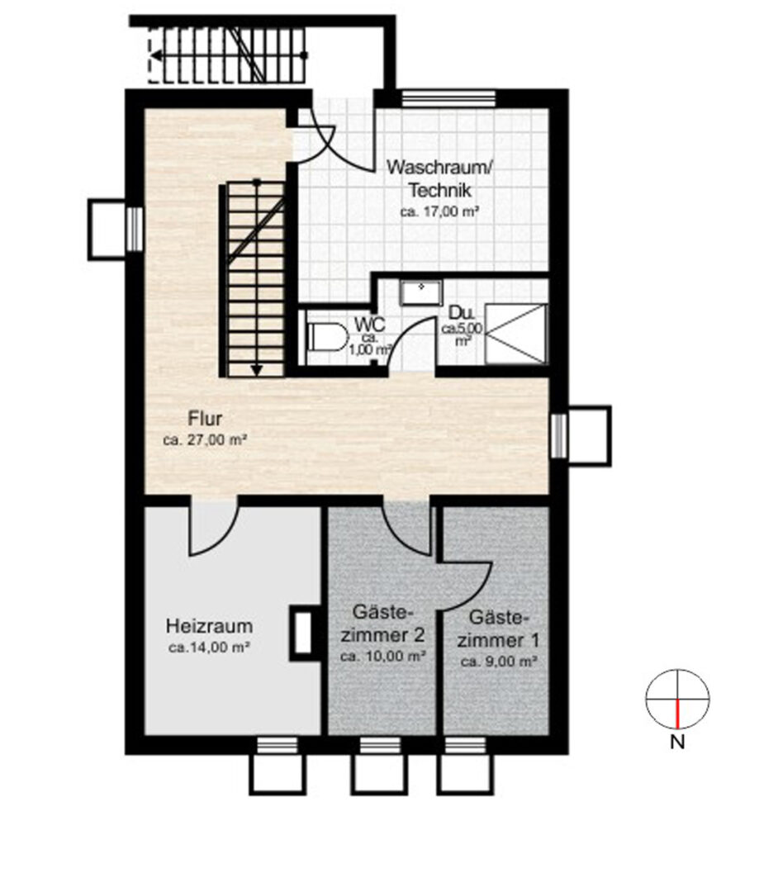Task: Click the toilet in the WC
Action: [x=327, y=337]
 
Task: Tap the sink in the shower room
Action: [x=421, y=292]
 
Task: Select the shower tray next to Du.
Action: [x=516, y=334]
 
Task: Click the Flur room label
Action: [x=205, y=419]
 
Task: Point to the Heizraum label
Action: [x=209, y=626]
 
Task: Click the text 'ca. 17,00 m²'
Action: [x=439, y=211]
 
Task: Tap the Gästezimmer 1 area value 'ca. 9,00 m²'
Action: [x=500, y=662]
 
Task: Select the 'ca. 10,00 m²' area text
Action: [x=383, y=656]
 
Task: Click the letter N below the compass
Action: [x=676, y=742]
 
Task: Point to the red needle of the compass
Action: [x=677, y=714]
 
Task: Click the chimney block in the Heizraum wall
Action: [x=303, y=633]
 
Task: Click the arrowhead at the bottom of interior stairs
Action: [x=257, y=370]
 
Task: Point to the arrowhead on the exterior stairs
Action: [x=154, y=56]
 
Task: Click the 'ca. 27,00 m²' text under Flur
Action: [x=205, y=439]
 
